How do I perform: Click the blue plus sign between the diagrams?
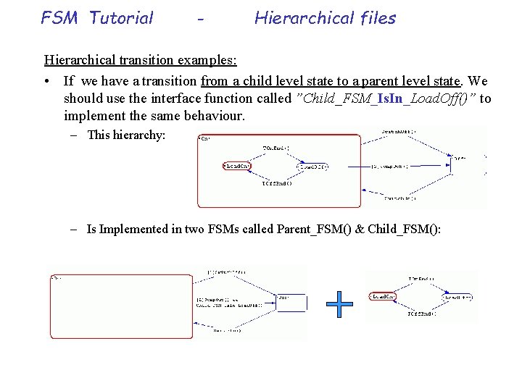pos(339,305)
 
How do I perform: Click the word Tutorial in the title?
pos(121,18)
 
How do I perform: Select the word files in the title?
pos(372,18)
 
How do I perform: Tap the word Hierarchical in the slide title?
pos(301,18)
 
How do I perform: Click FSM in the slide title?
pos(60,18)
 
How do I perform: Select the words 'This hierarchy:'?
pos(126,135)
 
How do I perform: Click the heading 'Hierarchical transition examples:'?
pos(141,59)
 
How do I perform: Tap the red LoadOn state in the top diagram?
pos(237,166)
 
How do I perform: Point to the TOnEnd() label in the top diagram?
pos(275,148)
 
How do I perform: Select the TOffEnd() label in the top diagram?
pos(276,183)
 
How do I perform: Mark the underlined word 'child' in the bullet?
pos(259,81)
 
